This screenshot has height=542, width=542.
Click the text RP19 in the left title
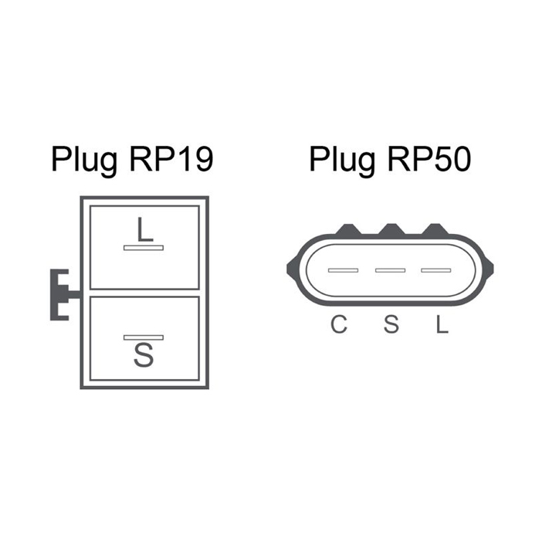coord(171,159)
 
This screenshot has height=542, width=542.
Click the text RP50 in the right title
coord(429,159)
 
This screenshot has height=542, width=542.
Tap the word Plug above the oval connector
coord(342,161)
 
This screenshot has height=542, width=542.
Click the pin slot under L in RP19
coord(144,248)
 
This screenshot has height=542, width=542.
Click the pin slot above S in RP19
coord(144,337)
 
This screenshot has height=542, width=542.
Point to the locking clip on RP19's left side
coord(59,294)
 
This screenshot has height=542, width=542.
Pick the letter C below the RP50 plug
coord(339,324)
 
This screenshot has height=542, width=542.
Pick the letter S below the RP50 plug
coord(391,324)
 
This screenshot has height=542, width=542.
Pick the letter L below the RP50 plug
coord(442,324)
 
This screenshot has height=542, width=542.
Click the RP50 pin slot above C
coord(344,270)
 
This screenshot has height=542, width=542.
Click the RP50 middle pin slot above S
coord(390,270)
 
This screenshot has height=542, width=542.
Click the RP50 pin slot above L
coord(436,270)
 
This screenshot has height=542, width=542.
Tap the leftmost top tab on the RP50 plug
coord(348,229)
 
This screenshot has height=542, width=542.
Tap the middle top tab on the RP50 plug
coord(392,229)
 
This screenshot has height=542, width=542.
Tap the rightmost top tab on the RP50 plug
coord(435,229)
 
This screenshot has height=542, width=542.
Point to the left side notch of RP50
coord(291,269)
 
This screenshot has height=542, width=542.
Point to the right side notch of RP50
coord(489,269)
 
